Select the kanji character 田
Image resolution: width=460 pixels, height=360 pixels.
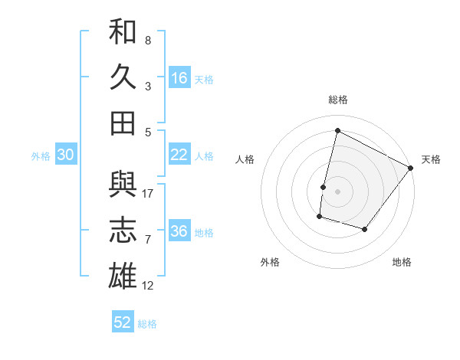pyautogui.click(x=123, y=123)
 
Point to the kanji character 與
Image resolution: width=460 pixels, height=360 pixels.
pyautogui.click(x=123, y=185)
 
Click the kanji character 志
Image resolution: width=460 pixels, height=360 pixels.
pyautogui.click(x=123, y=231)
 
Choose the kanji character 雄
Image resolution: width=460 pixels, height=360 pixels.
pyautogui.click(x=123, y=277)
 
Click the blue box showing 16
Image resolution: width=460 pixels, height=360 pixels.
pyautogui.click(x=179, y=77)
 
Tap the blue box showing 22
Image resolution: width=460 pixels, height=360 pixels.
pyautogui.click(x=179, y=155)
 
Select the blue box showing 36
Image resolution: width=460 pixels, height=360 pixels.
pyautogui.click(x=179, y=231)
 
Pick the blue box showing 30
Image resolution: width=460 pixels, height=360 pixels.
pyautogui.click(x=65, y=155)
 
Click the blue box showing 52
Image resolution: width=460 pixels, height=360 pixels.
pyautogui.click(x=123, y=322)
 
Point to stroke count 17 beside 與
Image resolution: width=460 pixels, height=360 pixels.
pyautogui.click(x=149, y=193)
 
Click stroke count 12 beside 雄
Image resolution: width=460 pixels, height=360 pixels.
pyautogui.click(x=149, y=286)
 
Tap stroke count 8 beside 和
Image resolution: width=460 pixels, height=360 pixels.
pyautogui.click(x=148, y=40)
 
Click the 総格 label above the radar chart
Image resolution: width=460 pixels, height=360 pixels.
pyautogui.click(x=337, y=100)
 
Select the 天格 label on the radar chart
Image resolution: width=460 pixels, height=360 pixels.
pyautogui.click(x=431, y=159)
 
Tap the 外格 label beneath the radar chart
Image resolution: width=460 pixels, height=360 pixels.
pyautogui.click(x=270, y=262)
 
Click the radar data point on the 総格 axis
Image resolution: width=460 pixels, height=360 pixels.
pyautogui.click(x=337, y=131)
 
